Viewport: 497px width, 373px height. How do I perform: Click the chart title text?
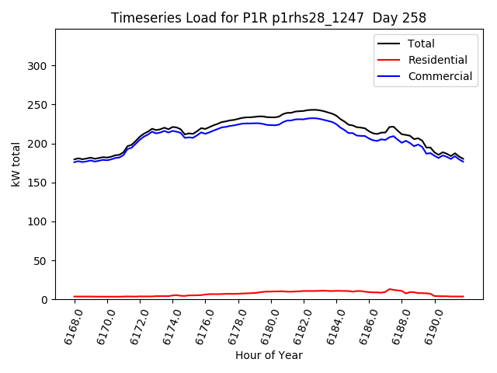pos(268,18)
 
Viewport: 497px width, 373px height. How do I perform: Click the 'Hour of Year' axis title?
pos(268,355)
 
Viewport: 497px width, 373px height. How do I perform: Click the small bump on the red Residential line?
pos(390,289)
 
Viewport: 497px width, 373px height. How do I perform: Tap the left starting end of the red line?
pos(75,296)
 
